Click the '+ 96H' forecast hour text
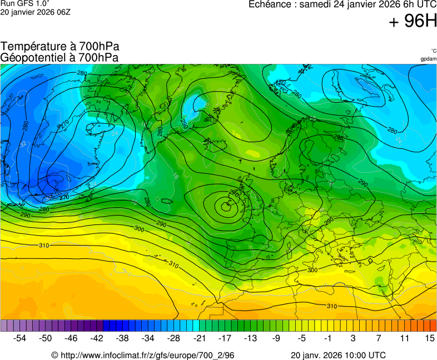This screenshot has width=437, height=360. [413, 21]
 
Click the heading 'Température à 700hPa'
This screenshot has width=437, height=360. [60, 47]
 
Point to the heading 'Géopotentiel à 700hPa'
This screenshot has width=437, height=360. [59, 57]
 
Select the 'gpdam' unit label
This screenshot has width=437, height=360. [428, 59]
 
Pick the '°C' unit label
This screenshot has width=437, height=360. [433, 51]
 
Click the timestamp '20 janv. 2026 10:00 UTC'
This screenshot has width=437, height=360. [338, 355]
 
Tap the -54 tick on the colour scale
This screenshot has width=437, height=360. [20, 338]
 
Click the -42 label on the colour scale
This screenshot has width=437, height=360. [97, 338]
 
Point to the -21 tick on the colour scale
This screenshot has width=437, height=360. [200, 338]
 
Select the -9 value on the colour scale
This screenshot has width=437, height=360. [276, 338]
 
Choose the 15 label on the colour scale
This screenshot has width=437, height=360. [430, 338]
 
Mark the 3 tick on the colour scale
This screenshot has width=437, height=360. [353, 338]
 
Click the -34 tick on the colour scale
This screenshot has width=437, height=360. [148, 338]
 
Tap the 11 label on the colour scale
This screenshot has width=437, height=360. [404, 338]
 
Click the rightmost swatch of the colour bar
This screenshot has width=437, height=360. [433, 326]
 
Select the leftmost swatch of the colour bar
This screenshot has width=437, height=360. [4, 326]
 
